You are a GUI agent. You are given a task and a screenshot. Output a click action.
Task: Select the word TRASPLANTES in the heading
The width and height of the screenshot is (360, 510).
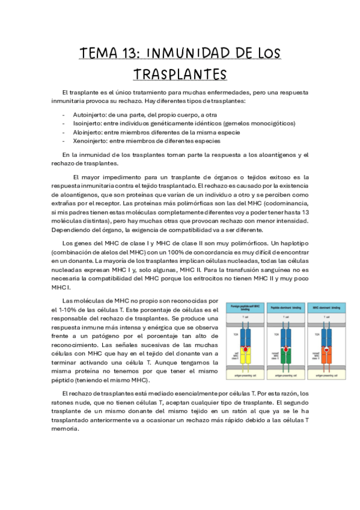[180, 74]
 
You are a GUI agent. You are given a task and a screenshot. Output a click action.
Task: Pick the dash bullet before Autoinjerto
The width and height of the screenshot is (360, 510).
[64, 115]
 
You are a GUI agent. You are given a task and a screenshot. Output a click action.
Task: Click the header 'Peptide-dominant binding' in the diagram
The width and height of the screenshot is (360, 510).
[285, 307]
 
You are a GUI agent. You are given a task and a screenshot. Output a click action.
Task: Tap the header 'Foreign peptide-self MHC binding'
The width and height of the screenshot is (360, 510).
[245, 307]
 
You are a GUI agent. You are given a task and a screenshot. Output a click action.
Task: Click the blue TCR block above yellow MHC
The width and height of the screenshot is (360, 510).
[245, 334]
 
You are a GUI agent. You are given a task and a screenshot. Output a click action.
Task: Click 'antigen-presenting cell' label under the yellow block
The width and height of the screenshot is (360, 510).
[245, 376]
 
